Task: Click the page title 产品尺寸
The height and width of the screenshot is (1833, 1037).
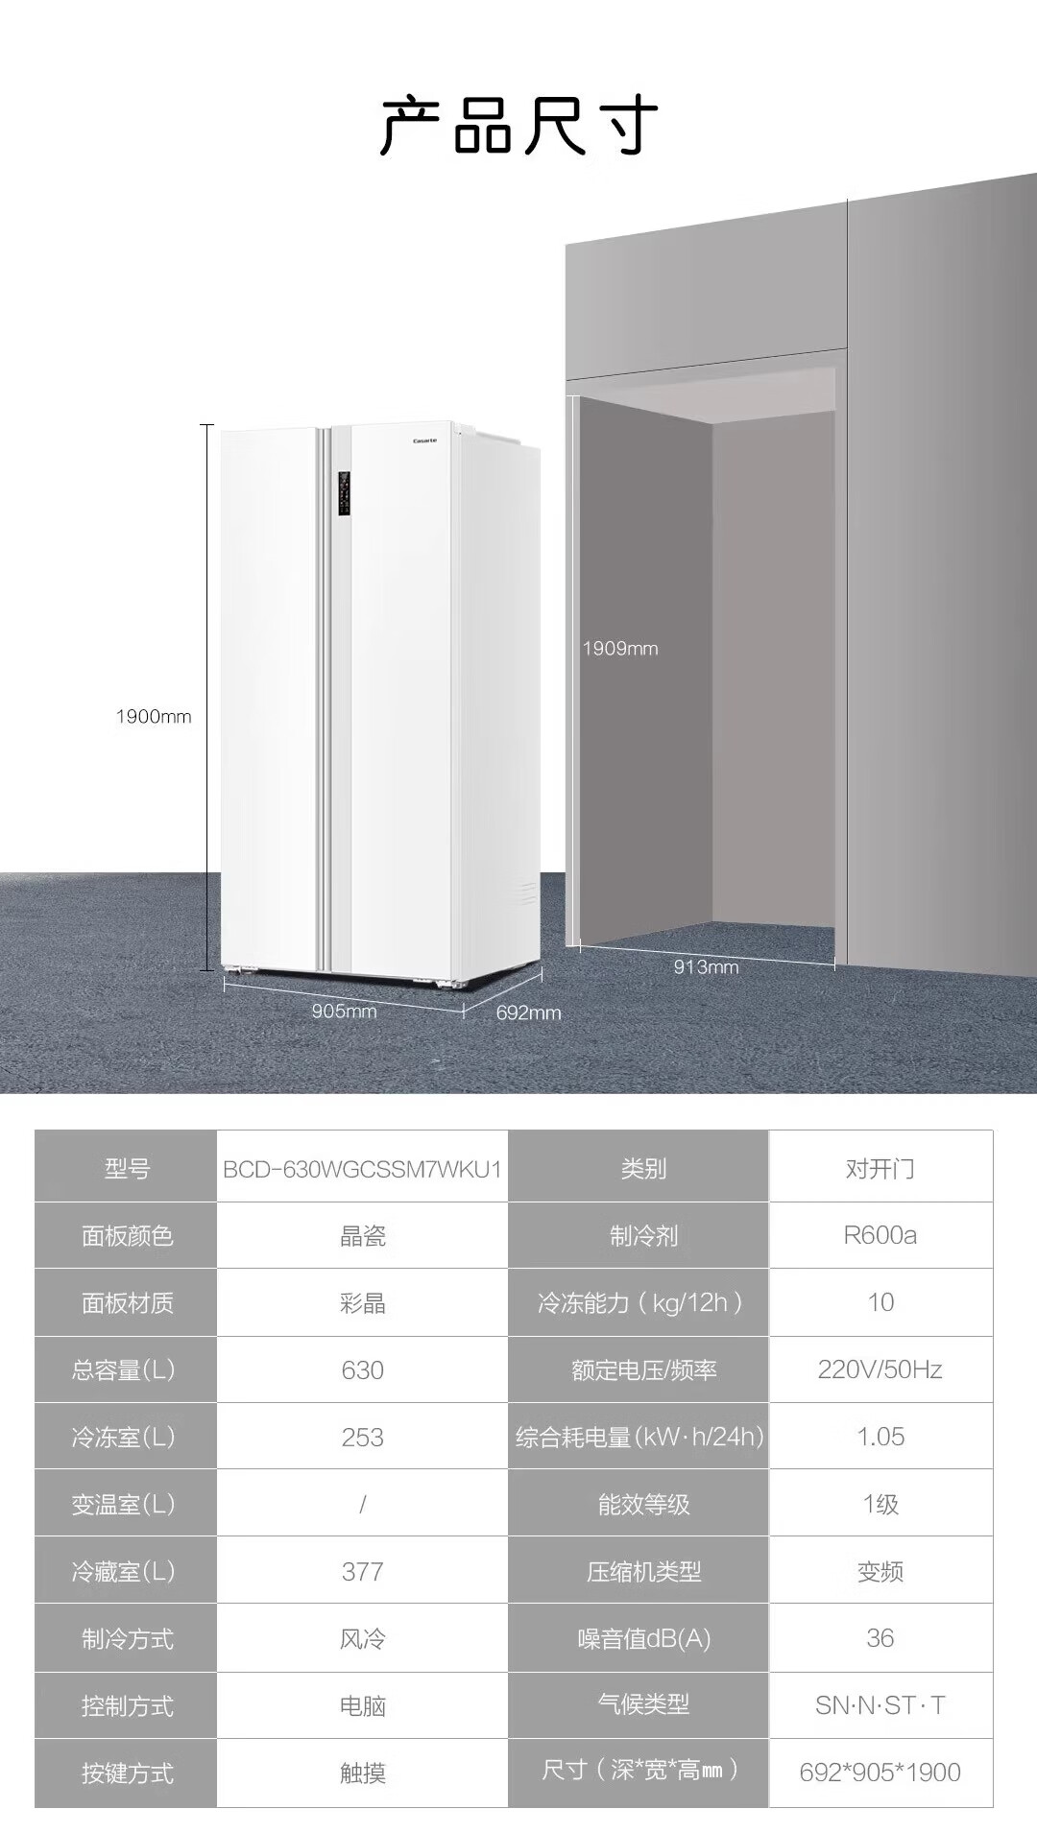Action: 518,126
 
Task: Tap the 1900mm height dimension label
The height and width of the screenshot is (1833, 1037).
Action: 154,717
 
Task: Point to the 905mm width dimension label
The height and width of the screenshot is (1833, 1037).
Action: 344,1012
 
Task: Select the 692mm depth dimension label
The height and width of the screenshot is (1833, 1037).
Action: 528,1012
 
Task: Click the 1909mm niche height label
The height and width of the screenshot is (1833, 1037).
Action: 620,649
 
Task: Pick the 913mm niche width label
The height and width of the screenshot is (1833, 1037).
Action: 706,967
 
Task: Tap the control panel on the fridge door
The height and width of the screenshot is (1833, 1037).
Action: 344,494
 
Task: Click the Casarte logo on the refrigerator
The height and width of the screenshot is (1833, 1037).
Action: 424,440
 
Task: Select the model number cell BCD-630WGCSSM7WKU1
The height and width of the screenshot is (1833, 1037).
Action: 362,1169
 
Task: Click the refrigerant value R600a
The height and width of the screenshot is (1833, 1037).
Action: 880,1235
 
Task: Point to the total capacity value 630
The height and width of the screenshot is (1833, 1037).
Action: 362,1369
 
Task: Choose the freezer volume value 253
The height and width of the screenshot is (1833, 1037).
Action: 362,1437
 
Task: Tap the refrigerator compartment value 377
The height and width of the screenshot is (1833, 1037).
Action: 362,1571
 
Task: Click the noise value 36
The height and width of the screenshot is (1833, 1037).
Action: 880,1638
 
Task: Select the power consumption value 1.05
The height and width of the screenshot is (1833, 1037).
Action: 880,1437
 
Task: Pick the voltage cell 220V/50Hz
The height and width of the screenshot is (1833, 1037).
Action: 880,1369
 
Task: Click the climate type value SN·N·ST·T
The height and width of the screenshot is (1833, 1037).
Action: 880,1705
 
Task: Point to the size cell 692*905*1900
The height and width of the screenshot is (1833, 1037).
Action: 880,1773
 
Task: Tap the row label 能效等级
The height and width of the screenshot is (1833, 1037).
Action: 643,1504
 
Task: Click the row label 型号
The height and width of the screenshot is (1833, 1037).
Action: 127,1169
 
